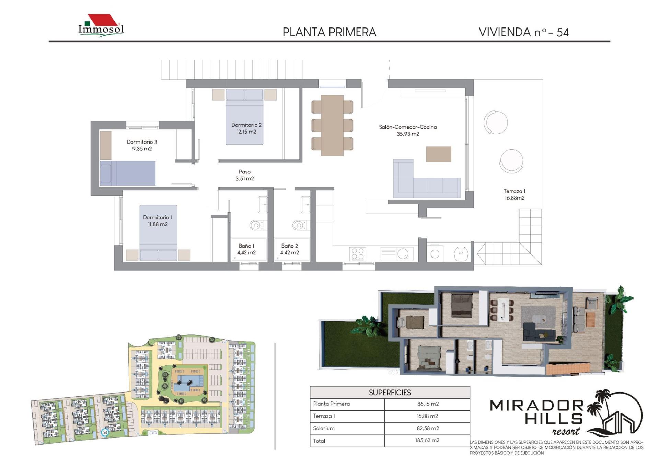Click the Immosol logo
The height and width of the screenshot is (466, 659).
click(101, 25)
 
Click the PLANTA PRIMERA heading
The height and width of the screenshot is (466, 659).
click(329, 32)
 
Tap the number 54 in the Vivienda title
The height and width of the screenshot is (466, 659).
click(563, 33)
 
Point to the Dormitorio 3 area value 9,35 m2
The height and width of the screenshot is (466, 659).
click(142, 149)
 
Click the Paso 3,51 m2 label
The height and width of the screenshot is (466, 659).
click(245, 175)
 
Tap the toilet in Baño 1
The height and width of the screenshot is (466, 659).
click(256, 225)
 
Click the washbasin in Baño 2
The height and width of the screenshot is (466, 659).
click(305, 205)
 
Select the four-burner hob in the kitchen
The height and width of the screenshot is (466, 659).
click(358, 254)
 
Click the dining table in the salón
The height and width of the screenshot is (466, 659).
click(332, 125)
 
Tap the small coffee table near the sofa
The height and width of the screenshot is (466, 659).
click(438, 154)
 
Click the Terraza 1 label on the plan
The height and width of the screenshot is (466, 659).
click(514, 194)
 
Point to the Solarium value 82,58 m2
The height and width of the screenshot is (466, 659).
click(428, 428)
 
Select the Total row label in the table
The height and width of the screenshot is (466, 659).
click(319, 441)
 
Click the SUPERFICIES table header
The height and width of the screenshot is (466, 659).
click(390, 393)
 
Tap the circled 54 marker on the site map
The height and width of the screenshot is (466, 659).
click(105, 432)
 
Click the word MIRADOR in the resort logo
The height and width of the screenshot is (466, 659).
click(536, 406)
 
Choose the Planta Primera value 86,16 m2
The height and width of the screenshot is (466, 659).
click(428, 404)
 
